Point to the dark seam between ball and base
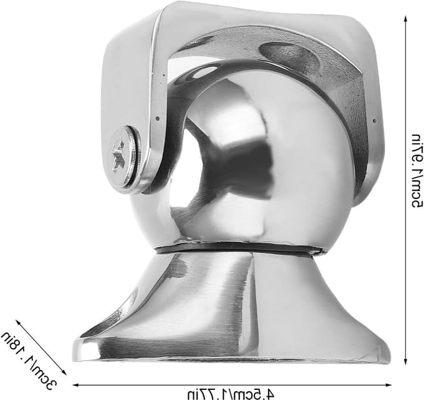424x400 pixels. (238, 247)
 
